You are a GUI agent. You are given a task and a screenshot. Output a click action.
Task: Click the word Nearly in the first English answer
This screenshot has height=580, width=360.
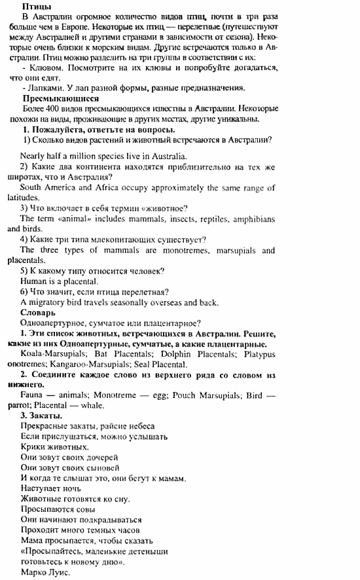(x=33, y=156)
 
